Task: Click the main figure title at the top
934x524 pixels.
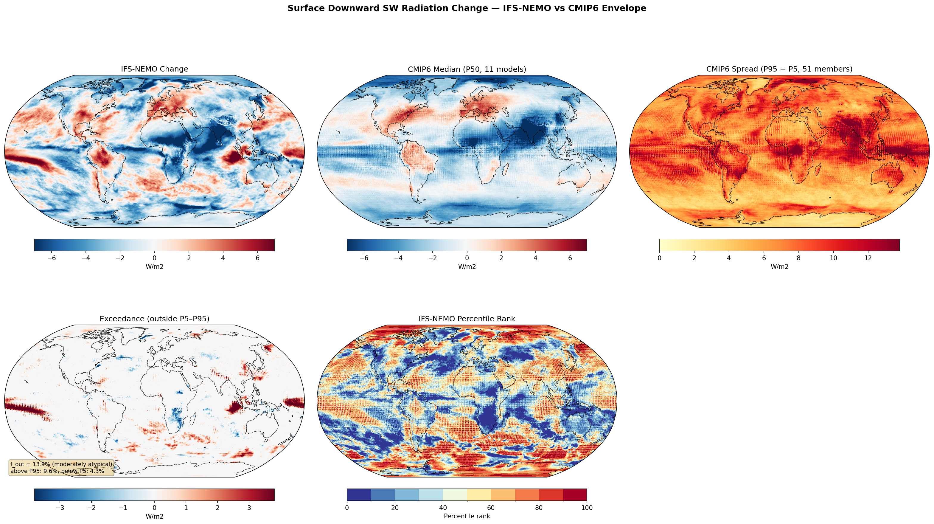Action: tap(467, 8)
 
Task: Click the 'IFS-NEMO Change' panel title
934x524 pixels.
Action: tap(154, 69)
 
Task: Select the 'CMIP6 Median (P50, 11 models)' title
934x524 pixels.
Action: tap(467, 69)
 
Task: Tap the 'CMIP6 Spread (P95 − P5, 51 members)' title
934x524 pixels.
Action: tap(779, 69)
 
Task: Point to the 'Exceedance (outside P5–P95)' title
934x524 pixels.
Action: tap(154, 319)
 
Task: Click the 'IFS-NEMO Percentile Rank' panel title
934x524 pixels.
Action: tap(467, 319)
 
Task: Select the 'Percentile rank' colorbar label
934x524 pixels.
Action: tap(467, 516)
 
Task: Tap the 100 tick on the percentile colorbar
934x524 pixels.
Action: tap(587, 508)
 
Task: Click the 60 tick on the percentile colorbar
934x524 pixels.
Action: tap(491, 508)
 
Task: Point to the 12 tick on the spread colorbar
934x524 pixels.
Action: tap(868, 258)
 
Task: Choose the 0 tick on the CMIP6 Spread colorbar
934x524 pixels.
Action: tap(660, 258)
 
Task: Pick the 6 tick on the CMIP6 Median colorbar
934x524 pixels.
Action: tap(570, 258)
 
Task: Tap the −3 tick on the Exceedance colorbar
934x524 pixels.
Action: tap(60, 508)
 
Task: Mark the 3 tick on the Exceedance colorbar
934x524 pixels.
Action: tap(249, 508)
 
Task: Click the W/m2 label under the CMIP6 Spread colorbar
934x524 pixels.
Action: tap(779, 266)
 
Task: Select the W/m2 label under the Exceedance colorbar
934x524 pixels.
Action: tap(154, 516)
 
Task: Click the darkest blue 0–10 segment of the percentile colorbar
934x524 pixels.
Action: tap(359, 494)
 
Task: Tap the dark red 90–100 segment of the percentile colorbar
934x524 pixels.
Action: tap(575, 494)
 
